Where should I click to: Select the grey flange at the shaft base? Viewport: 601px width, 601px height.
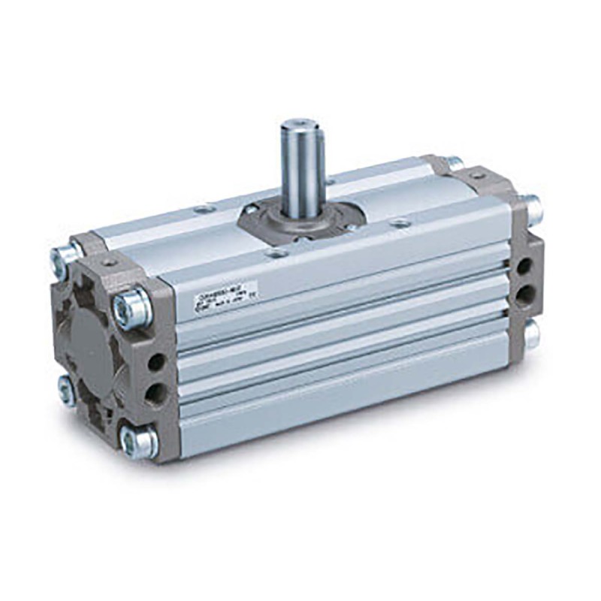pyautogui.click(x=300, y=213)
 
